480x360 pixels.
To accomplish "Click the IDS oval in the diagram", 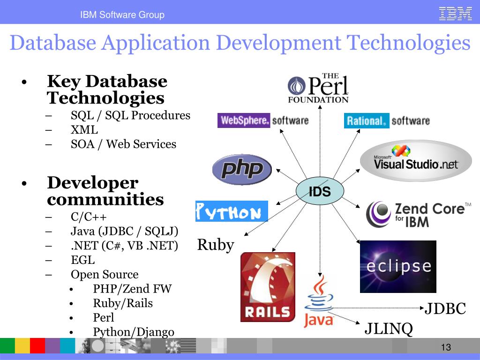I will (320, 191).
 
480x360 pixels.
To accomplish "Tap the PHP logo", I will (242, 169).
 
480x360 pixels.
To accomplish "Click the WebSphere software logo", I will (263, 120).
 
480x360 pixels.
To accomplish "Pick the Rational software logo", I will (387, 121).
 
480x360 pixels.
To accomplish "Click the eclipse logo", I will (398, 266).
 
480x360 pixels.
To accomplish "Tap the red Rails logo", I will (268, 287).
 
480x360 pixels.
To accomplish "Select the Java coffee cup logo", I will (319, 302).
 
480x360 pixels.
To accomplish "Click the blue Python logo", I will (232, 211).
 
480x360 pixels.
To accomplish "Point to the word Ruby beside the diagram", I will (216, 245).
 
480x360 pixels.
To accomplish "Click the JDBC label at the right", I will (445, 309).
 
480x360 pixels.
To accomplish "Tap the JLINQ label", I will (389, 329).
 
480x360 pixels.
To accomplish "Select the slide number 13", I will (445, 347).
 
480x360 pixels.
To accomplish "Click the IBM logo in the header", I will (455, 14).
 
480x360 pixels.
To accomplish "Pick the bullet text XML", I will (84, 130).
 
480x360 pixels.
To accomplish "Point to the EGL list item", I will (82, 260).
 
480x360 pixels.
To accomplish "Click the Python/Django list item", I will (134, 332).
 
